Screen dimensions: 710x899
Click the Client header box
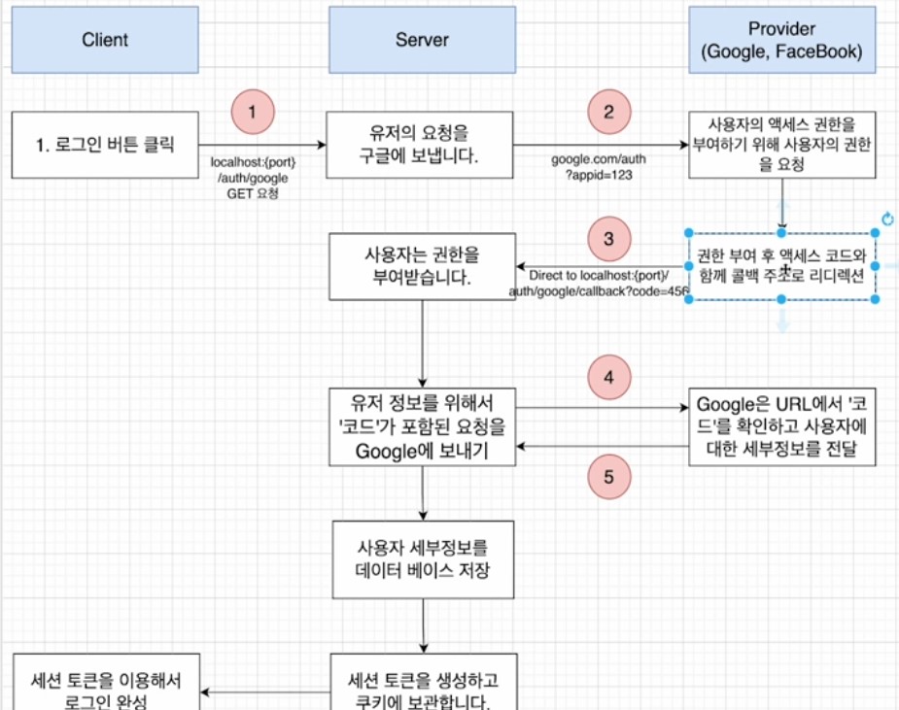(x=105, y=40)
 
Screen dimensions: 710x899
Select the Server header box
(x=422, y=40)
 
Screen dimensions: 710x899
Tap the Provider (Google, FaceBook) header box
(x=781, y=40)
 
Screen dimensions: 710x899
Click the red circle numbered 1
(x=253, y=111)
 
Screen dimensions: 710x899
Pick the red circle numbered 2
(x=608, y=111)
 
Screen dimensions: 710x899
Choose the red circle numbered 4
(x=608, y=376)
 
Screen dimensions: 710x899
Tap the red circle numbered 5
(x=608, y=476)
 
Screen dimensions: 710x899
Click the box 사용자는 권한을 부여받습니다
(x=422, y=266)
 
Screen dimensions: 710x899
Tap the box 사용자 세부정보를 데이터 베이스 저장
(x=422, y=559)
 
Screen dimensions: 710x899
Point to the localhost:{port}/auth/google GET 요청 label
(x=252, y=174)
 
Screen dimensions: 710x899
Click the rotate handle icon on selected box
(x=886, y=220)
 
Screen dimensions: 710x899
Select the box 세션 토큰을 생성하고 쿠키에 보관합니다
(x=422, y=688)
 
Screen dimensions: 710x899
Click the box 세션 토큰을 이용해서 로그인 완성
(x=105, y=688)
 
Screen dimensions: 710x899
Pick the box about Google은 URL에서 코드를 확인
(x=781, y=425)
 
